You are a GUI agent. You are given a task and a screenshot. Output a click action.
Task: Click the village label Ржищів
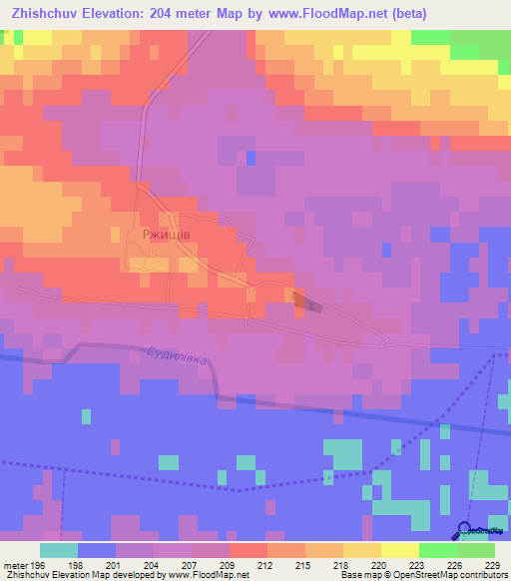click(x=166, y=235)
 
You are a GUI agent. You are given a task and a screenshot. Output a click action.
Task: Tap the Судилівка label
click(x=178, y=355)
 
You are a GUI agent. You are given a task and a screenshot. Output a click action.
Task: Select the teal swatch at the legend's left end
click(x=58, y=549)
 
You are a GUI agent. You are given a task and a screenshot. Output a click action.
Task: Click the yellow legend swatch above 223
click(x=399, y=549)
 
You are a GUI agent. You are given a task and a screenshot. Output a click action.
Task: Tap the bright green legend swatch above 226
click(x=437, y=549)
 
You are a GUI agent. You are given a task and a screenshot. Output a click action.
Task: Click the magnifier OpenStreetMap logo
click(x=467, y=530)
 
